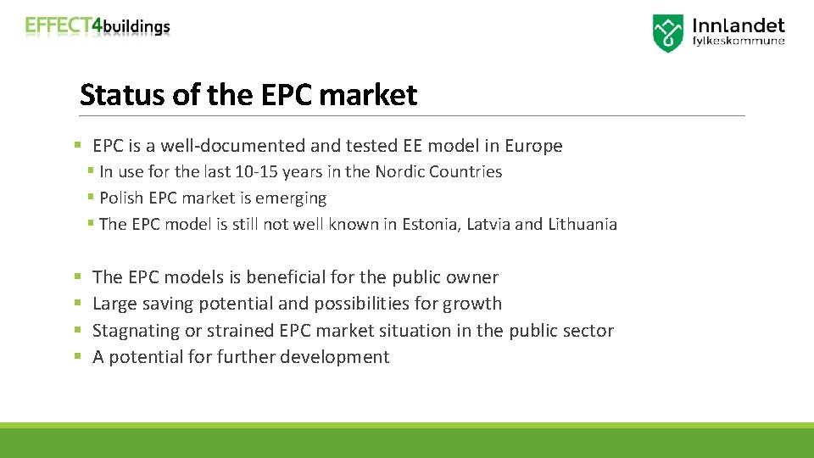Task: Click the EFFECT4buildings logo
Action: tap(98, 26)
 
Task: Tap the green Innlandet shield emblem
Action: tap(667, 33)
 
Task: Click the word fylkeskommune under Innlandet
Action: tap(739, 41)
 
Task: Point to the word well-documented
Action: tap(234, 146)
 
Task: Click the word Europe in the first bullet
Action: tap(532, 146)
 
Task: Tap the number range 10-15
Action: tap(256, 171)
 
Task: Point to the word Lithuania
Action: tap(583, 224)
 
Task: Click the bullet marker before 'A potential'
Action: tap(78, 357)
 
